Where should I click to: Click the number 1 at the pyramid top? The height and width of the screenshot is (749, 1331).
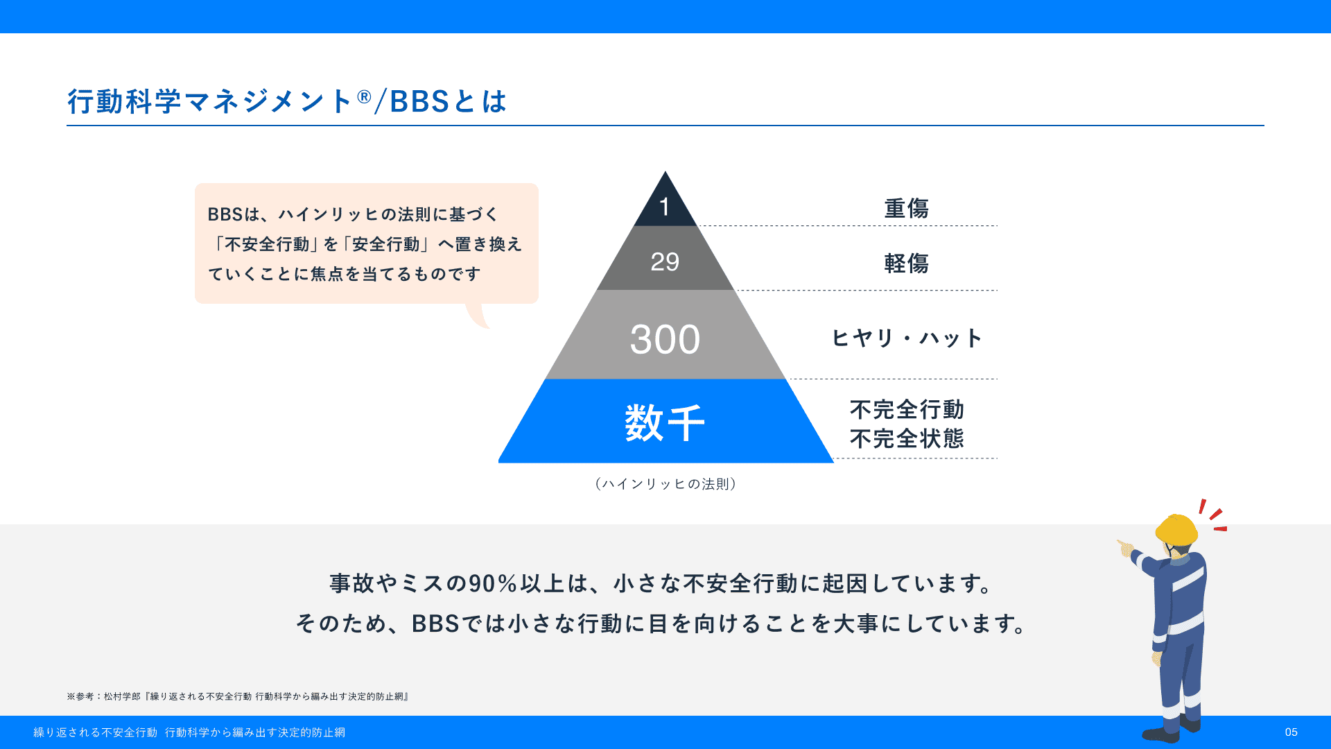664,207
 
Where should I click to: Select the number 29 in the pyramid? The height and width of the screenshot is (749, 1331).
665,262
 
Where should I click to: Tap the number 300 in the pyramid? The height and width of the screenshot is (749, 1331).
665,340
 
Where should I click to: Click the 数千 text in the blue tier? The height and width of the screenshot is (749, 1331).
665,423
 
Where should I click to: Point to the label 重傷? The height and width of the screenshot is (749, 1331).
906,208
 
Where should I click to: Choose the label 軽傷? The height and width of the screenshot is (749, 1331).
906,264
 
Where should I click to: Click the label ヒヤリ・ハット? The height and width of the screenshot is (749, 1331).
907,338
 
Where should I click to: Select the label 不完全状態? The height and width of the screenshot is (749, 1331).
907,438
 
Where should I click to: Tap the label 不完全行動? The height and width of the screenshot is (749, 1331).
907,410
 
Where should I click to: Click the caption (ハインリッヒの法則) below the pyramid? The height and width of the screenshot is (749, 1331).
665,484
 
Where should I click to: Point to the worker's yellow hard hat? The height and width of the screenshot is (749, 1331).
1176,530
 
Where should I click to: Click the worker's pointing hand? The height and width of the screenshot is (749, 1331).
1124,548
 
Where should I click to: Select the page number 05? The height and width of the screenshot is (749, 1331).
1291,732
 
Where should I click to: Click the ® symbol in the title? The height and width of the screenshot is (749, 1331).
365,97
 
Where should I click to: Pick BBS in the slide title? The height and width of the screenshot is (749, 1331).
420,102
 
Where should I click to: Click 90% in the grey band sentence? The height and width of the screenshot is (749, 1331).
493,584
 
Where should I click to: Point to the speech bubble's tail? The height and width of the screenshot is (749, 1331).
478,316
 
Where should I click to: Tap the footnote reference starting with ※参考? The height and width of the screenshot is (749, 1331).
238,696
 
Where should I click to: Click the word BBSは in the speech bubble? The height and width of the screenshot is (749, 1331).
234,214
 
